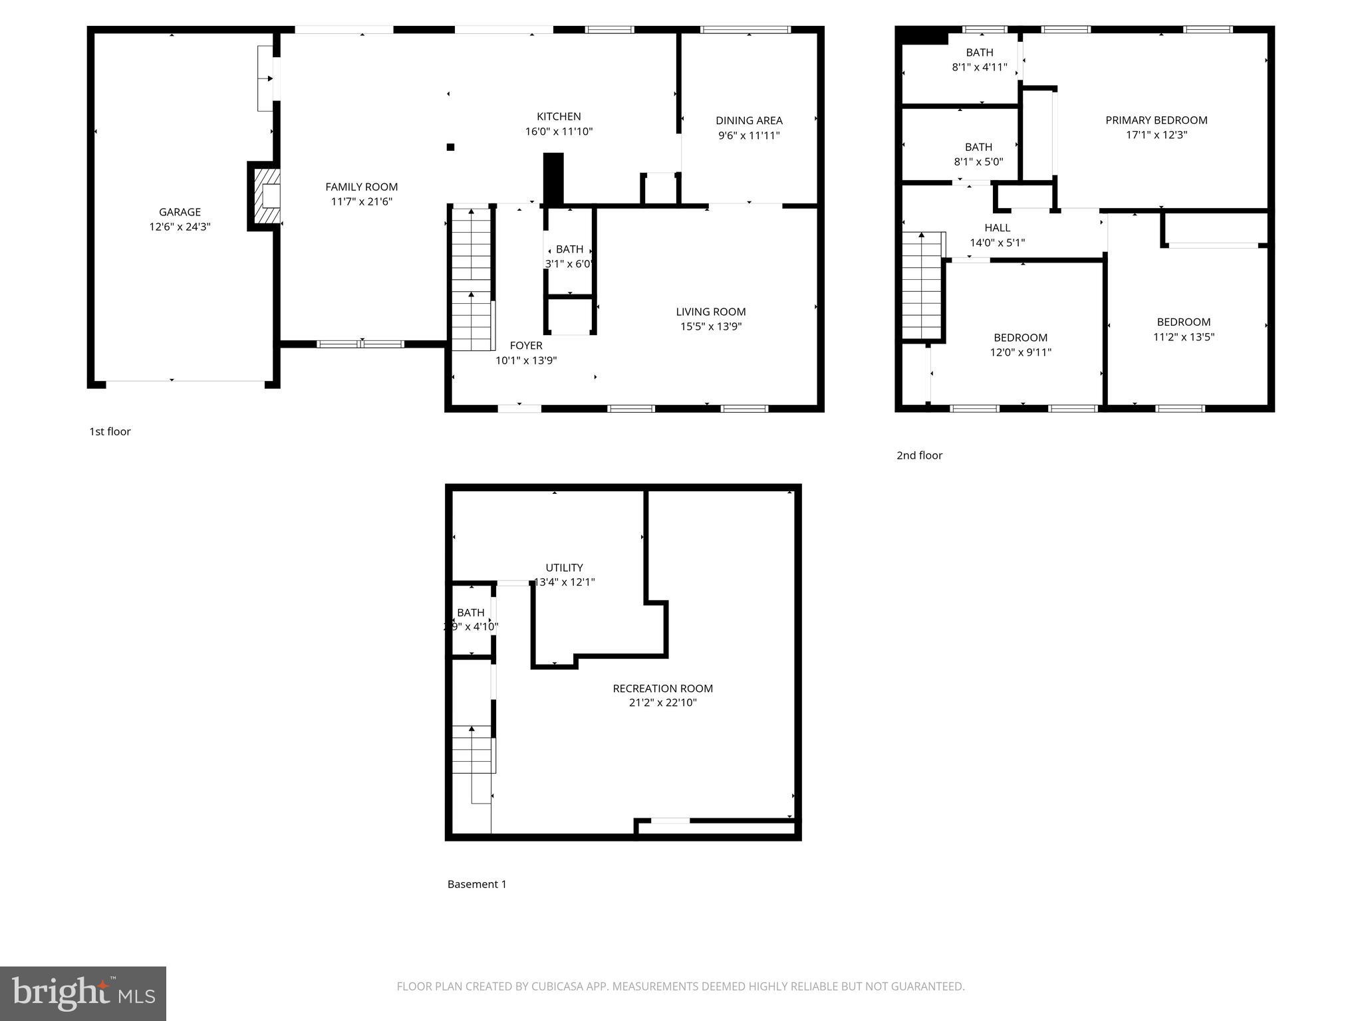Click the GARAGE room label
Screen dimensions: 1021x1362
[x=180, y=212]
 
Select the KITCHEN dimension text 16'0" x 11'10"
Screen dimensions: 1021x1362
[x=559, y=132]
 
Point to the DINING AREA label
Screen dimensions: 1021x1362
[x=749, y=120]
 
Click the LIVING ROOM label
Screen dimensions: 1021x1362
[x=710, y=312]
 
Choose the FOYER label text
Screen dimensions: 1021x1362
[x=526, y=346]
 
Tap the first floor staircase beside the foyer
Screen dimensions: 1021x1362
[x=472, y=279]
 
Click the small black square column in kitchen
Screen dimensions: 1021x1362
[x=450, y=147]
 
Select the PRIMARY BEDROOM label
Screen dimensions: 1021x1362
[x=1156, y=120]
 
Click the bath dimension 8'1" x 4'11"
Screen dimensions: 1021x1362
[x=979, y=67]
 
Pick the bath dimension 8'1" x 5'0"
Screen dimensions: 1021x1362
[x=978, y=162]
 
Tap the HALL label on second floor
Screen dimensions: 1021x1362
[x=997, y=228]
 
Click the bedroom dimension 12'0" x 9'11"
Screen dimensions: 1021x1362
[x=1020, y=352]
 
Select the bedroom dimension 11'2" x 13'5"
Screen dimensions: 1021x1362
[x=1183, y=337]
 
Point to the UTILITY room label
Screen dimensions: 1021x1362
[x=564, y=568]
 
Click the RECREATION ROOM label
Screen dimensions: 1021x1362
[x=662, y=689]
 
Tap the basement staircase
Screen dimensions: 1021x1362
[x=472, y=751]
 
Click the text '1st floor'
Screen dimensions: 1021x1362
[x=110, y=431]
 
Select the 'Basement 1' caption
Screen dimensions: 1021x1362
[x=477, y=884]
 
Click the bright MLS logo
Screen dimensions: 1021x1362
[x=83, y=993]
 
